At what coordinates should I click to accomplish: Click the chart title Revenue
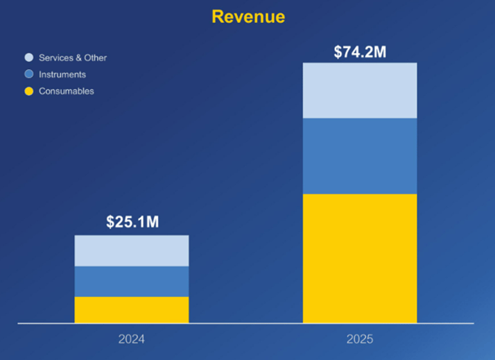(x=247, y=17)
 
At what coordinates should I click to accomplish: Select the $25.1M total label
(x=132, y=222)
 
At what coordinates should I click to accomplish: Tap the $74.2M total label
(x=360, y=52)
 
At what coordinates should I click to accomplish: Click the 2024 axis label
(x=132, y=339)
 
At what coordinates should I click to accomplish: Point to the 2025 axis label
(x=360, y=339)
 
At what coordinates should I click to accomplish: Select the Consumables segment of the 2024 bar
(x=132, y=309)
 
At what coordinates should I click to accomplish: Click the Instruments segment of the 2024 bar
(x=132, y=281)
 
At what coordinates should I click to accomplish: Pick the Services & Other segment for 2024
(x=132, y=250)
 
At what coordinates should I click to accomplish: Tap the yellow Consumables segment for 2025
(x=360, y=258)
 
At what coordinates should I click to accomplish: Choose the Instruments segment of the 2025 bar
(x=360, y=155)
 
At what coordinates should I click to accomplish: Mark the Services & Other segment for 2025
(x=360, y=90)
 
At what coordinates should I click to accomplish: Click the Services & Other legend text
(x=73, y=58)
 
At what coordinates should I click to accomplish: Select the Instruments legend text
(x=62, y=74)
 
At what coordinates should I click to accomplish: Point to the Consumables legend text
(x=67, y=91)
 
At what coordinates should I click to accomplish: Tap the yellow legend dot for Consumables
(x=28, y=91)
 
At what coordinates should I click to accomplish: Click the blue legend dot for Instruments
(x=28, y=74)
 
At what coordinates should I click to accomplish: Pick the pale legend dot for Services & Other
(x=28, y=58)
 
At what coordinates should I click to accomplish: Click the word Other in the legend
(x=95, y=58)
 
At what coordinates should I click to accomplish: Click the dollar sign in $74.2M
(x=338, y=52)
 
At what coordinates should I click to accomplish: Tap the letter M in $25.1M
(x=153, y=222)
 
